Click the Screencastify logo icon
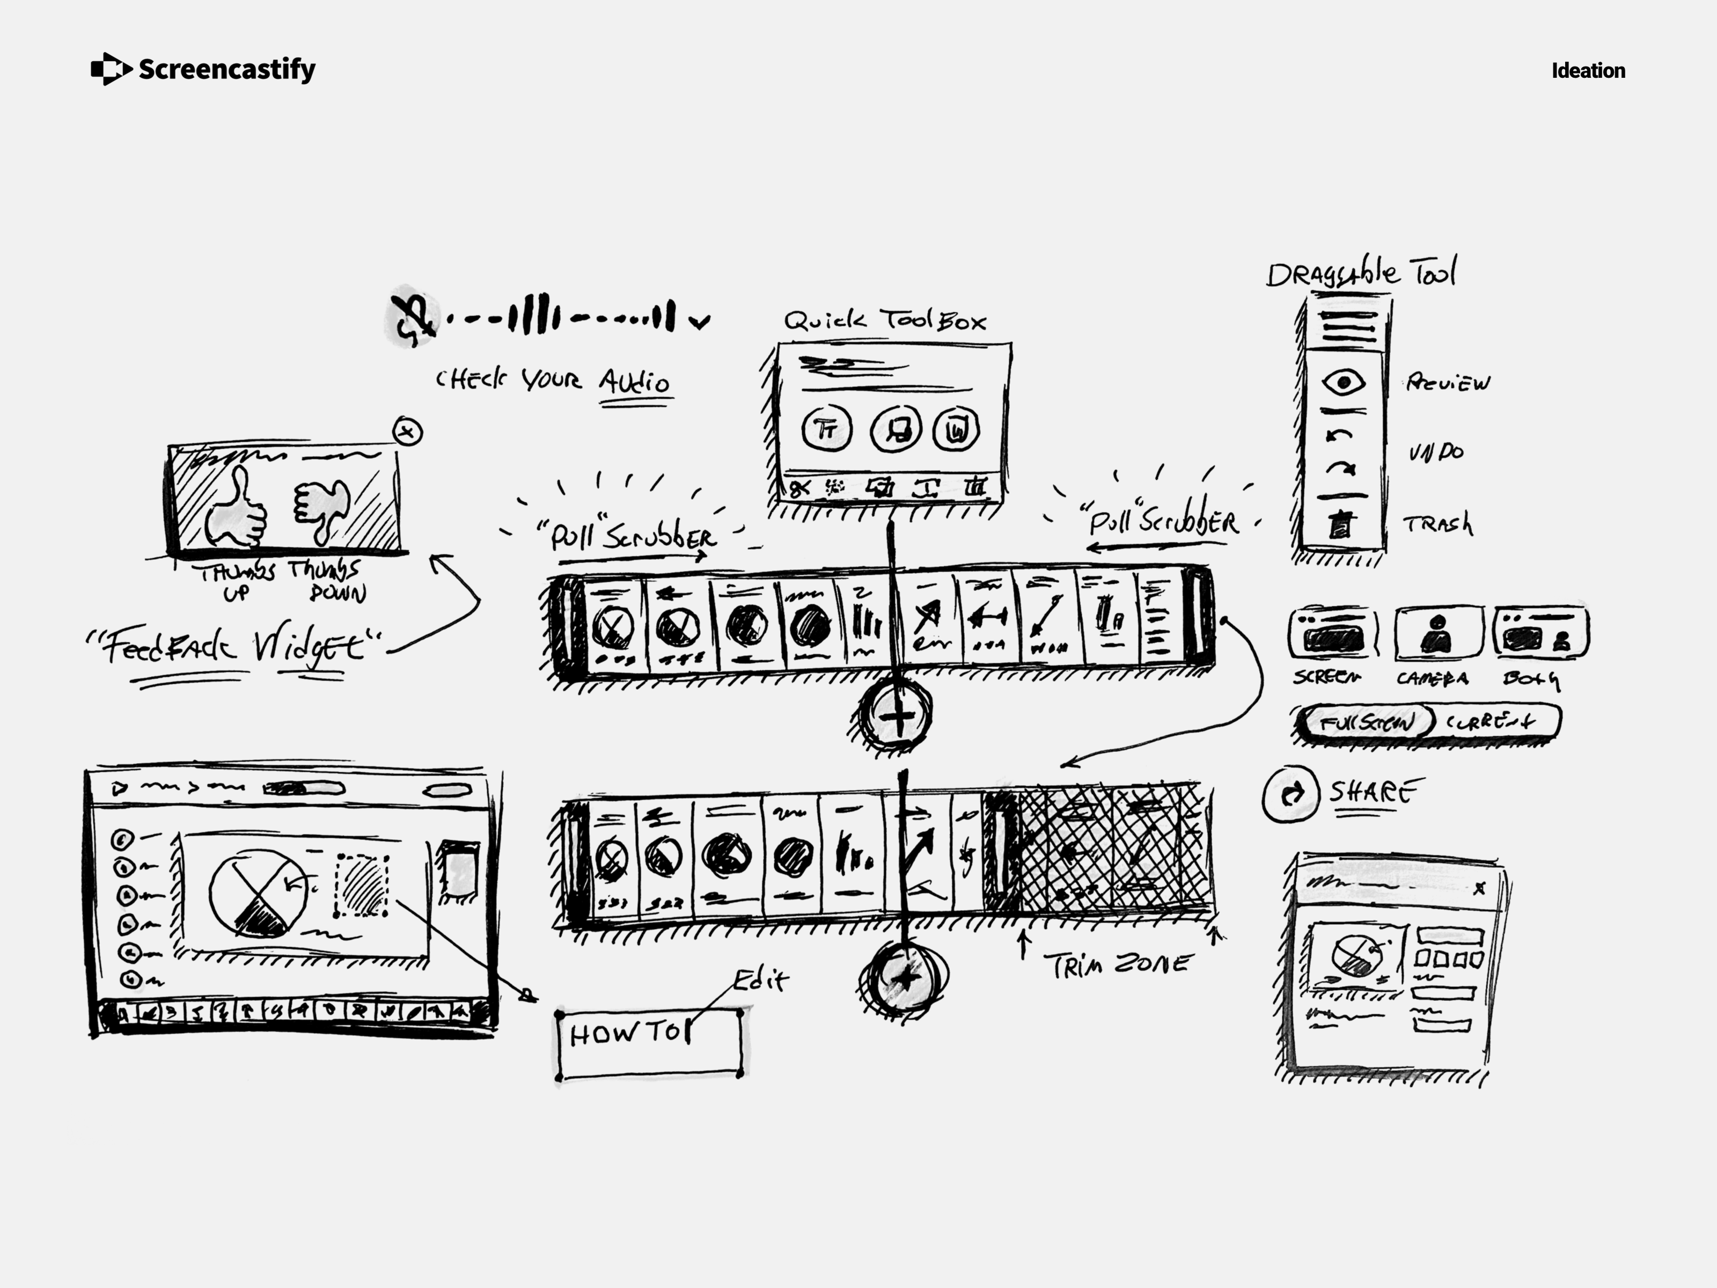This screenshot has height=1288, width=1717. [x=110, y=69]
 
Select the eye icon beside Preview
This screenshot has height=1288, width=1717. [x=1343, y=382]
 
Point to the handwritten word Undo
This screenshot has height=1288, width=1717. [x=1436, y=451]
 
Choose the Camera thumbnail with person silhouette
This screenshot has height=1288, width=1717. [x=1437, y=633]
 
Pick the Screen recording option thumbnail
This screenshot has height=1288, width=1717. [x=1333, y=633]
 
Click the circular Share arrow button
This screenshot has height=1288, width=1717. [x=1290, y=793]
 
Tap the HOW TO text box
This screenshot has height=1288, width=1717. [x=649, y=1044]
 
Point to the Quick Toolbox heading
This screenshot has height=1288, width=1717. [x=884, y=320]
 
